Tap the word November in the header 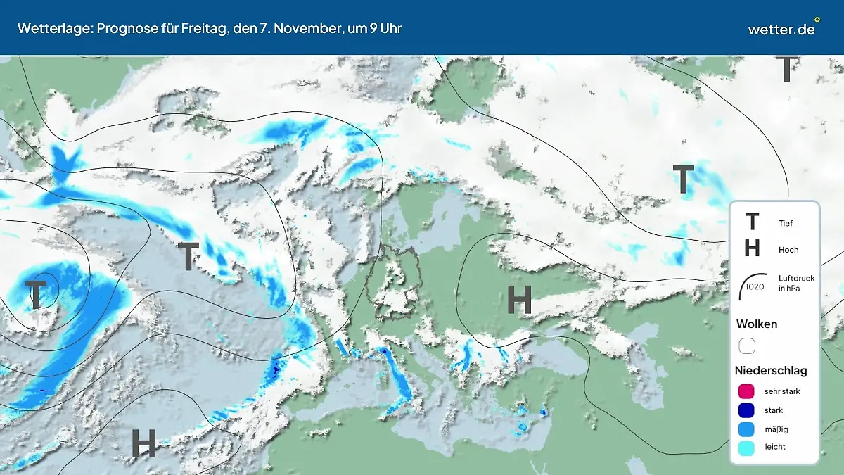tap(305, 28)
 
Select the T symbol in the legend tap(752, 222)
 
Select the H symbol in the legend tap(752, 248)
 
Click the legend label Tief tap(786, 224)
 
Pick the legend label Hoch tap(788, 250)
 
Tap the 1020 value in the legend tap(755, 286)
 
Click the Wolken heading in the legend tap(757, 324)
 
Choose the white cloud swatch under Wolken tap(747, 346)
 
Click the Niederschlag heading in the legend tap(771, 370)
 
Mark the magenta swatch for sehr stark tap(747, 391)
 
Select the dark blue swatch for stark tap(747, 410)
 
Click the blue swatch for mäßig tap(747, 429)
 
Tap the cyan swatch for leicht tap(747, 447)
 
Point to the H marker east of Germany tap(520, 301)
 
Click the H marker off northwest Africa tap(143, 444)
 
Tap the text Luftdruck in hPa tap(796, 283)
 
